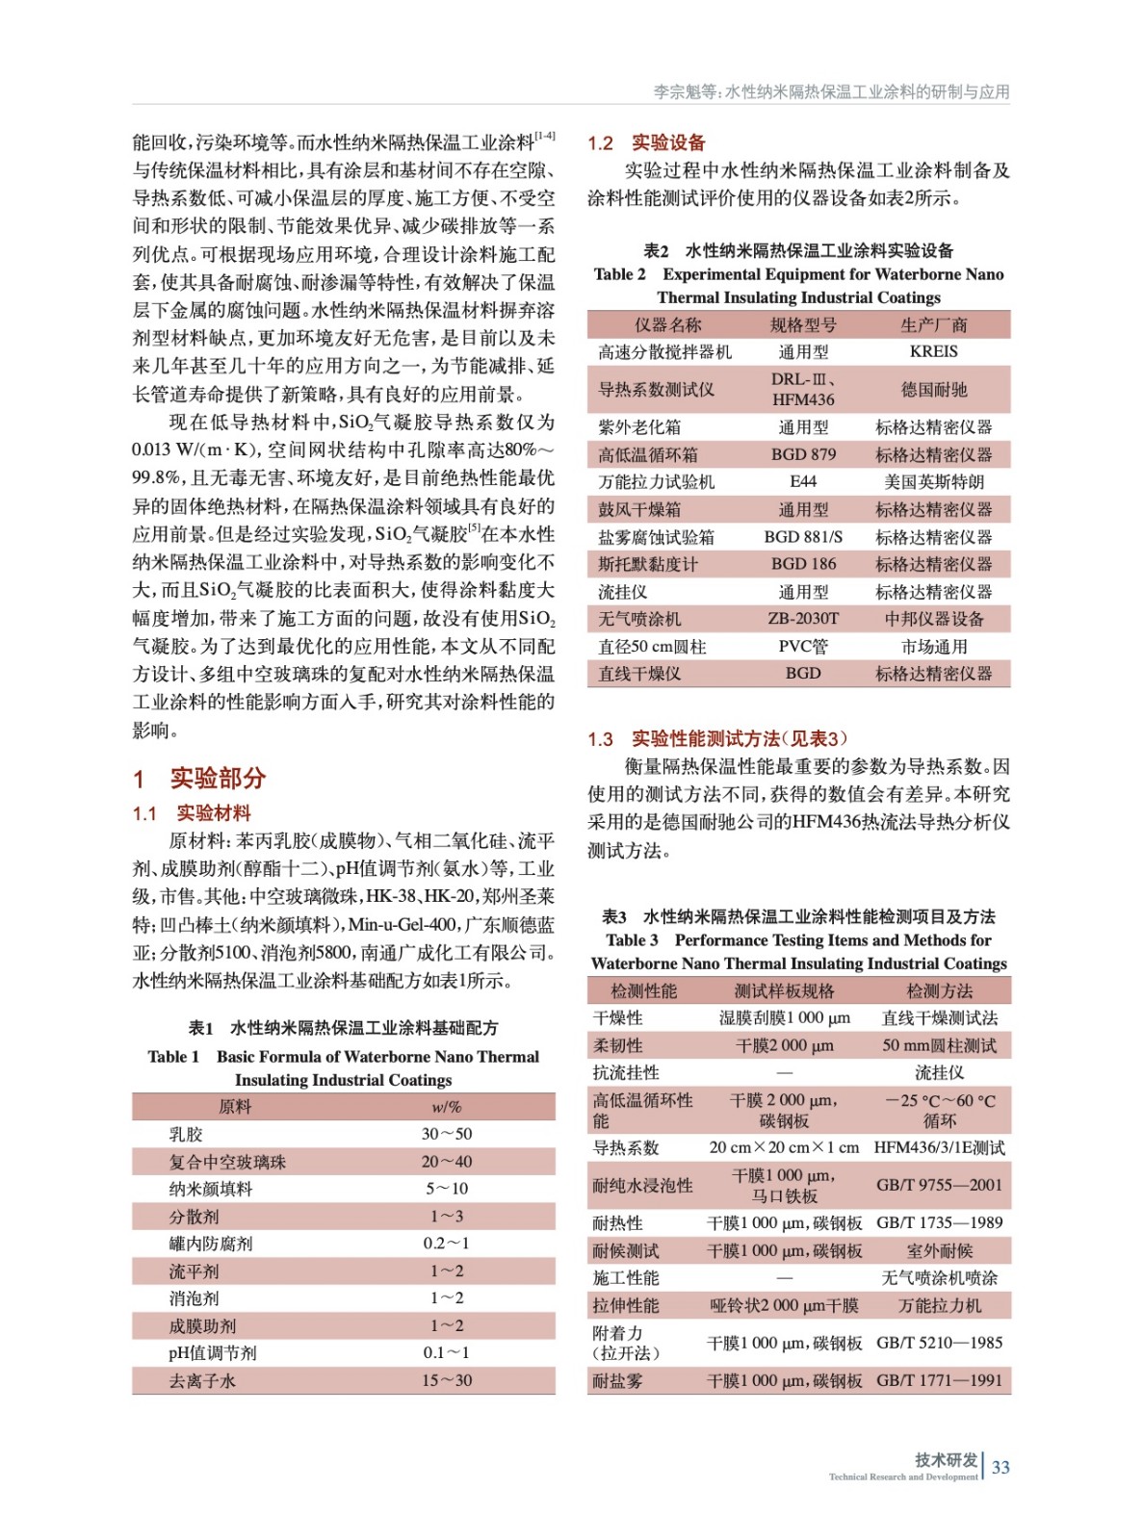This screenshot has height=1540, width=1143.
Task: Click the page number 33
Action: pos(1000,1467)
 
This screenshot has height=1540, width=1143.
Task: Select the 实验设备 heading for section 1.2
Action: pos(668,142)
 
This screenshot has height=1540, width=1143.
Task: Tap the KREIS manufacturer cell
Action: pos(933,351)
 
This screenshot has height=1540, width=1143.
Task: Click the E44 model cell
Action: pos(803,481)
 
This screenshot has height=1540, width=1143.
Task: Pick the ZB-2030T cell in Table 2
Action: pos(803,618)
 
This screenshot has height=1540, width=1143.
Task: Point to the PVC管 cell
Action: pos(803,646)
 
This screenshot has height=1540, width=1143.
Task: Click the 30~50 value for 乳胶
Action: pos(447,1134)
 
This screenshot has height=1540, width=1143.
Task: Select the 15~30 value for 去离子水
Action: pos(447,1380)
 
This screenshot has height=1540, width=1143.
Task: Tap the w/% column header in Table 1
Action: pos(447,1107)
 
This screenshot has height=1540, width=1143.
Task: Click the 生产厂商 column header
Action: pos(933,324)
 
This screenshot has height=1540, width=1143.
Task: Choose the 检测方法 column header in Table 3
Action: pos(939,990)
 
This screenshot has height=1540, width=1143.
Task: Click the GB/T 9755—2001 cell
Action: pos(939,1185)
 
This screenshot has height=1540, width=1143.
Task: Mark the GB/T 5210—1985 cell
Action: pos(939,1343)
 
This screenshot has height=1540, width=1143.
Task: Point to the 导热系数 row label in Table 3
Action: pos(626,1147)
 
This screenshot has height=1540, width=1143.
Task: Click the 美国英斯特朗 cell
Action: pos(933,481)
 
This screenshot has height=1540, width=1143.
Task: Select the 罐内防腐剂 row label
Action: pos(211,1244)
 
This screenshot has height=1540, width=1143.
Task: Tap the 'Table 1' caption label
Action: pos(173,1056)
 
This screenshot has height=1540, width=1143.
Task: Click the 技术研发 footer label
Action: pos(946,1459)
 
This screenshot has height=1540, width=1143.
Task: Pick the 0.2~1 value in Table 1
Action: pos(447,1244)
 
